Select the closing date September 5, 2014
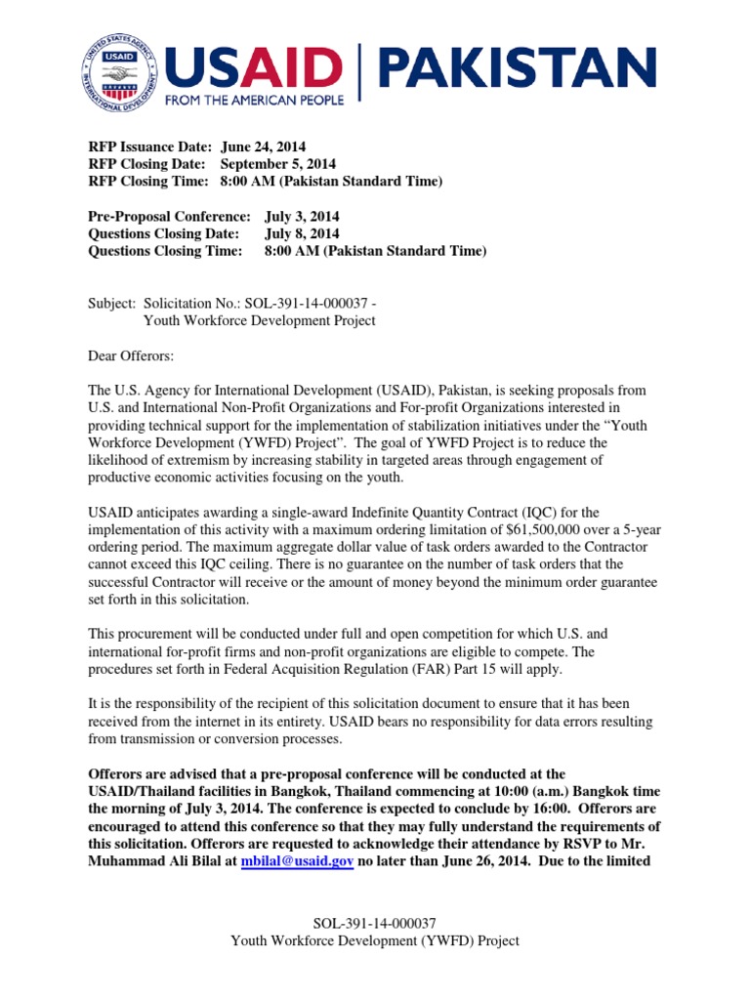click(277, 163)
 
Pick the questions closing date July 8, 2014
click(302, 233)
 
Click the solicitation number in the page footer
click(374, 923)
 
